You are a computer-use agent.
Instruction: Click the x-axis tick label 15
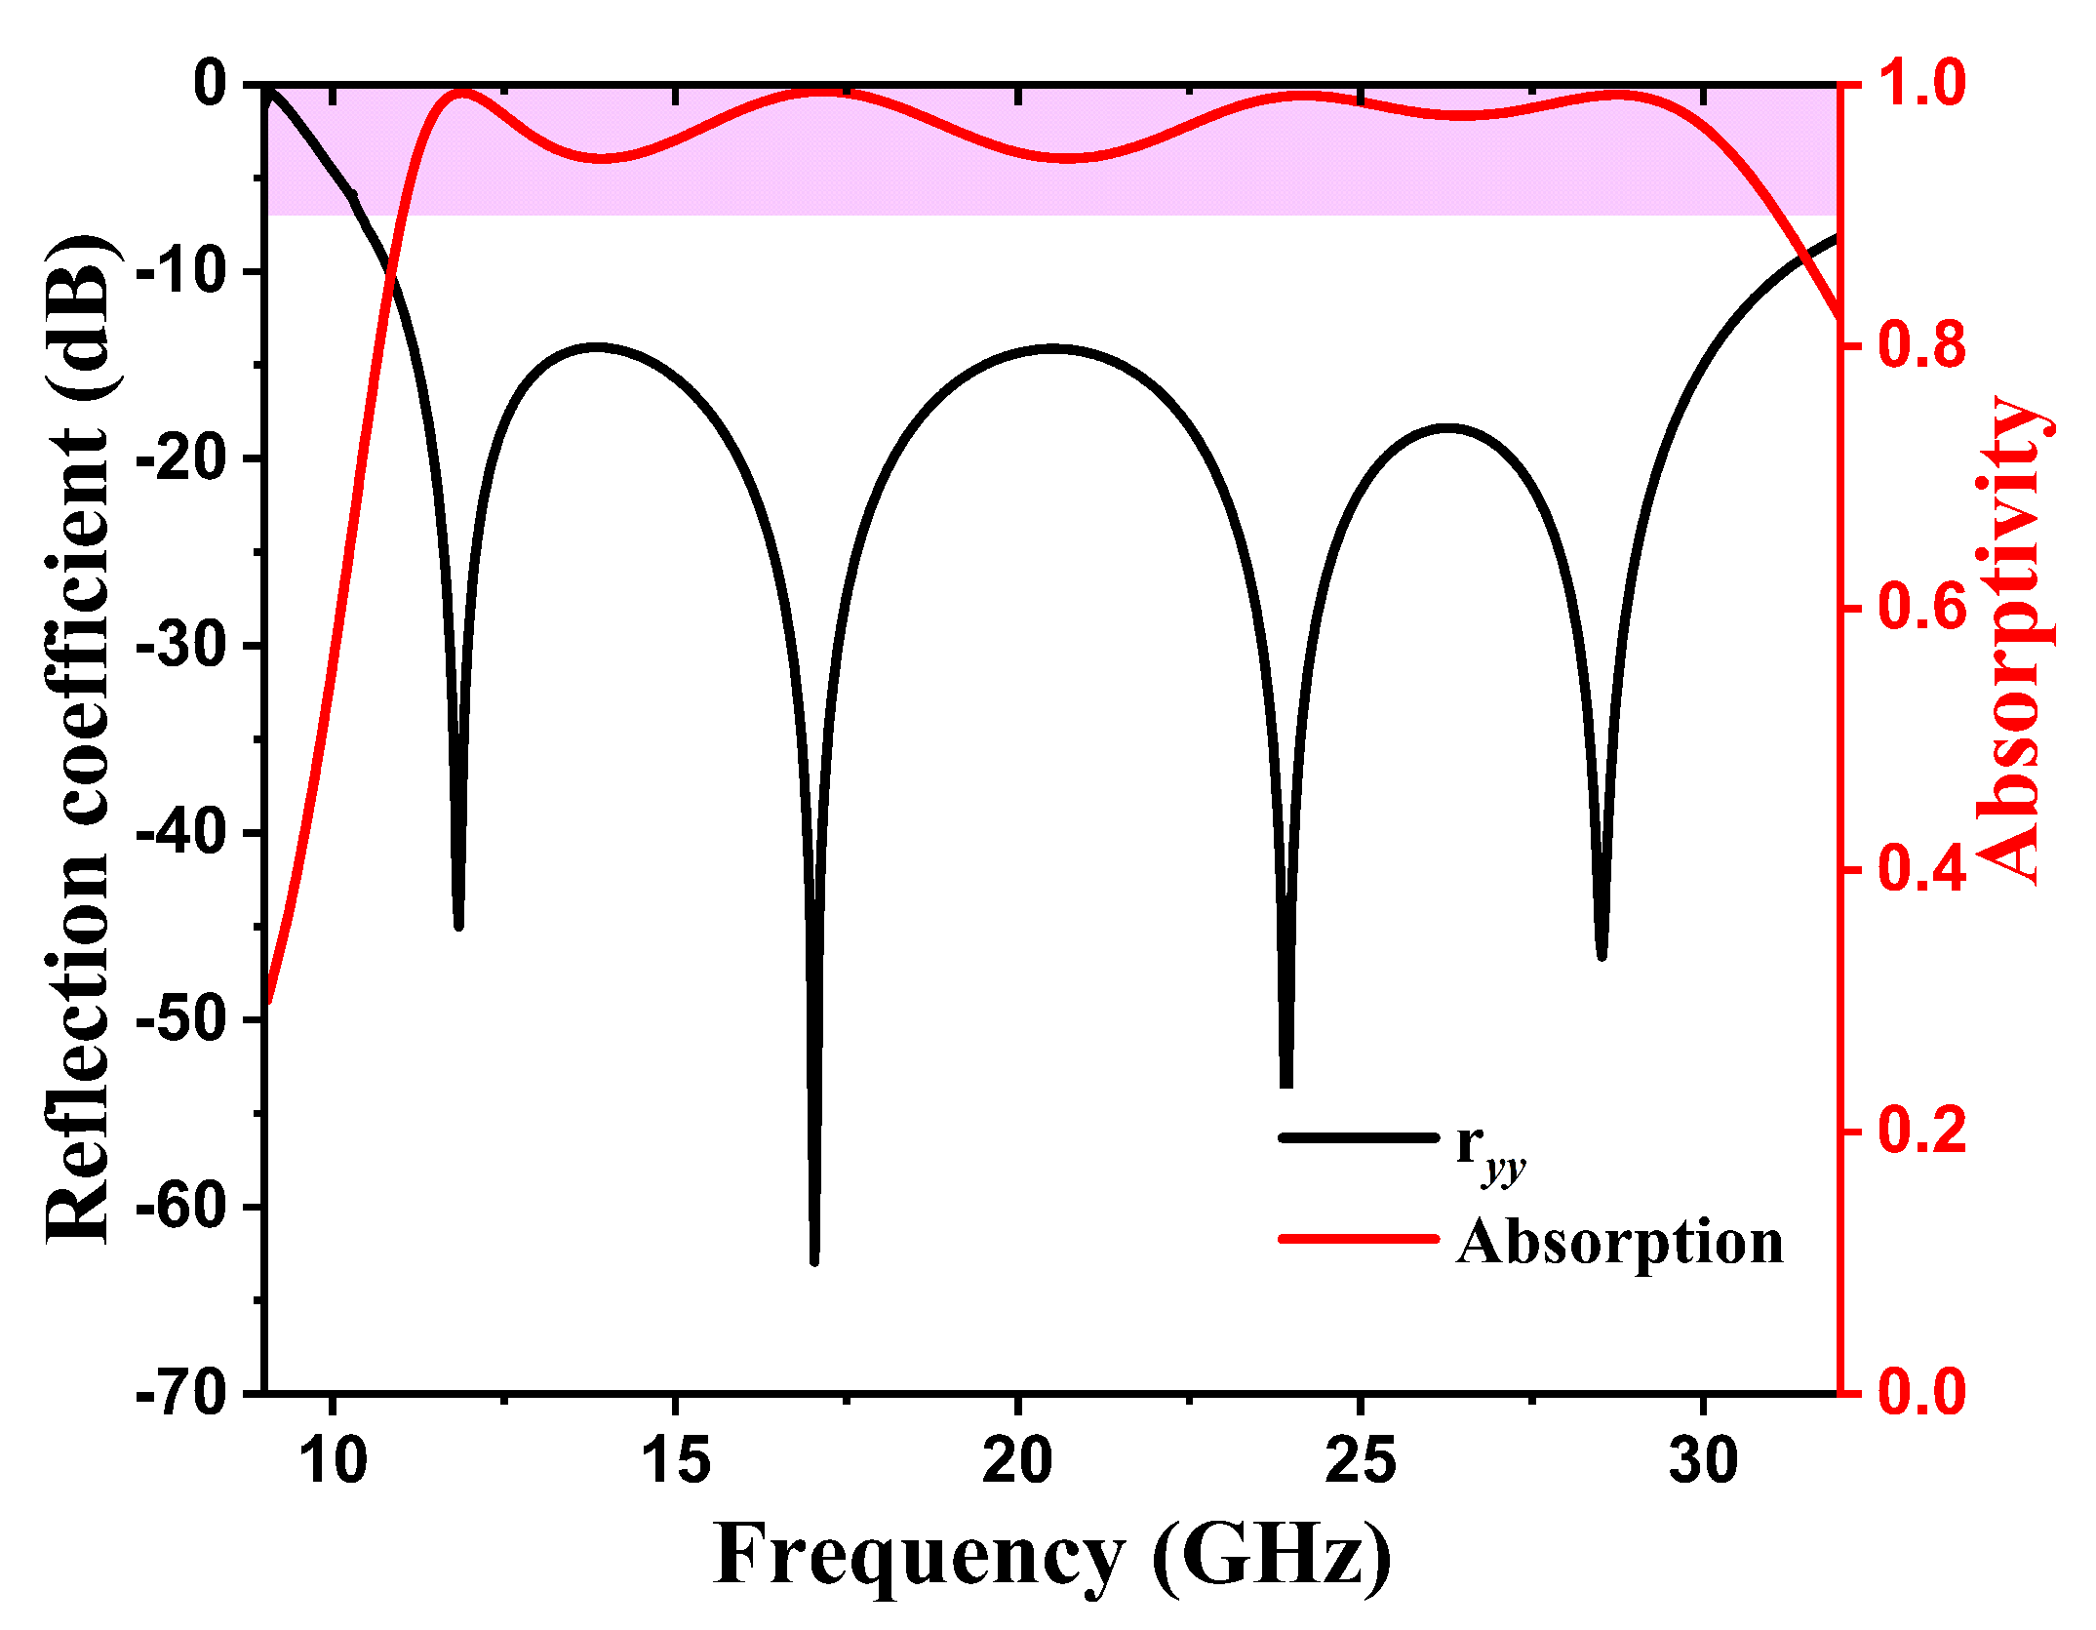coord(675,1461)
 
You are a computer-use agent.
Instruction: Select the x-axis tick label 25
coord(1360,1461)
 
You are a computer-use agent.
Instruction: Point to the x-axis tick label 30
coord(1703,1461)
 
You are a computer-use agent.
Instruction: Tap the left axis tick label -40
coord(179,833)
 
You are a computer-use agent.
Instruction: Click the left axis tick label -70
coord(179,1393)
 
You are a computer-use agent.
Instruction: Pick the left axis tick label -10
coord(179,271)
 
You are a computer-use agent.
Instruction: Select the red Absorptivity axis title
coord(2011,640)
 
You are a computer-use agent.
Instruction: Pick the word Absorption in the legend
coord(1619,1243)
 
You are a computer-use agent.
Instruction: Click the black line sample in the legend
coord(1358,1138)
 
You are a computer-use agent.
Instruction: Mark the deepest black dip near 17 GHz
coord(814,1260)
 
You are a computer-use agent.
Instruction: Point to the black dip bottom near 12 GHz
coord(458,925)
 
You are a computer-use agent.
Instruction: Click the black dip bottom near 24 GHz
coord(1285,1083)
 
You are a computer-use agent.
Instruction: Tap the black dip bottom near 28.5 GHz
coord(1602,956)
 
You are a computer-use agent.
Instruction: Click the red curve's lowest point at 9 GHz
coord(268,1001)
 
